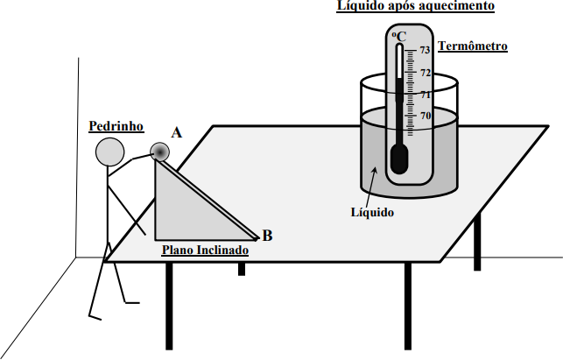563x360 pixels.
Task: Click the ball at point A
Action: pos(160,152)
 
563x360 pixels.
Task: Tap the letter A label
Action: pos(176,133)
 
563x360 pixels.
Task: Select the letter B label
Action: pos(268,236)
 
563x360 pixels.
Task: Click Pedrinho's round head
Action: pos(109,152)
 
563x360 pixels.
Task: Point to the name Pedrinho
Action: pos(116,126)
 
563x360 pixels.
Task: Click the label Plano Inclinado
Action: pos(205,250)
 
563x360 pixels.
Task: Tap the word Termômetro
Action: pos(473,46)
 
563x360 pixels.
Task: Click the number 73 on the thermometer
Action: pos(426,50)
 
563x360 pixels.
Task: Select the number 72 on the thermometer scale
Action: pos(426,73)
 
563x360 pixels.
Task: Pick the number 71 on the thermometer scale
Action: pos(426,95)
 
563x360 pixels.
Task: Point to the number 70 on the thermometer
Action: pos(426,116)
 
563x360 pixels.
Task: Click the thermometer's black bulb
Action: pos(399,159)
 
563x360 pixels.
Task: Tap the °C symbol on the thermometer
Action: pos(399,37)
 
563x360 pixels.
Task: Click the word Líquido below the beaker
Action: pos(372,212)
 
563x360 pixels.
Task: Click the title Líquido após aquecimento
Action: pos(415,6)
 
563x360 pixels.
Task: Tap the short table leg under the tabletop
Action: pos(242,269)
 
